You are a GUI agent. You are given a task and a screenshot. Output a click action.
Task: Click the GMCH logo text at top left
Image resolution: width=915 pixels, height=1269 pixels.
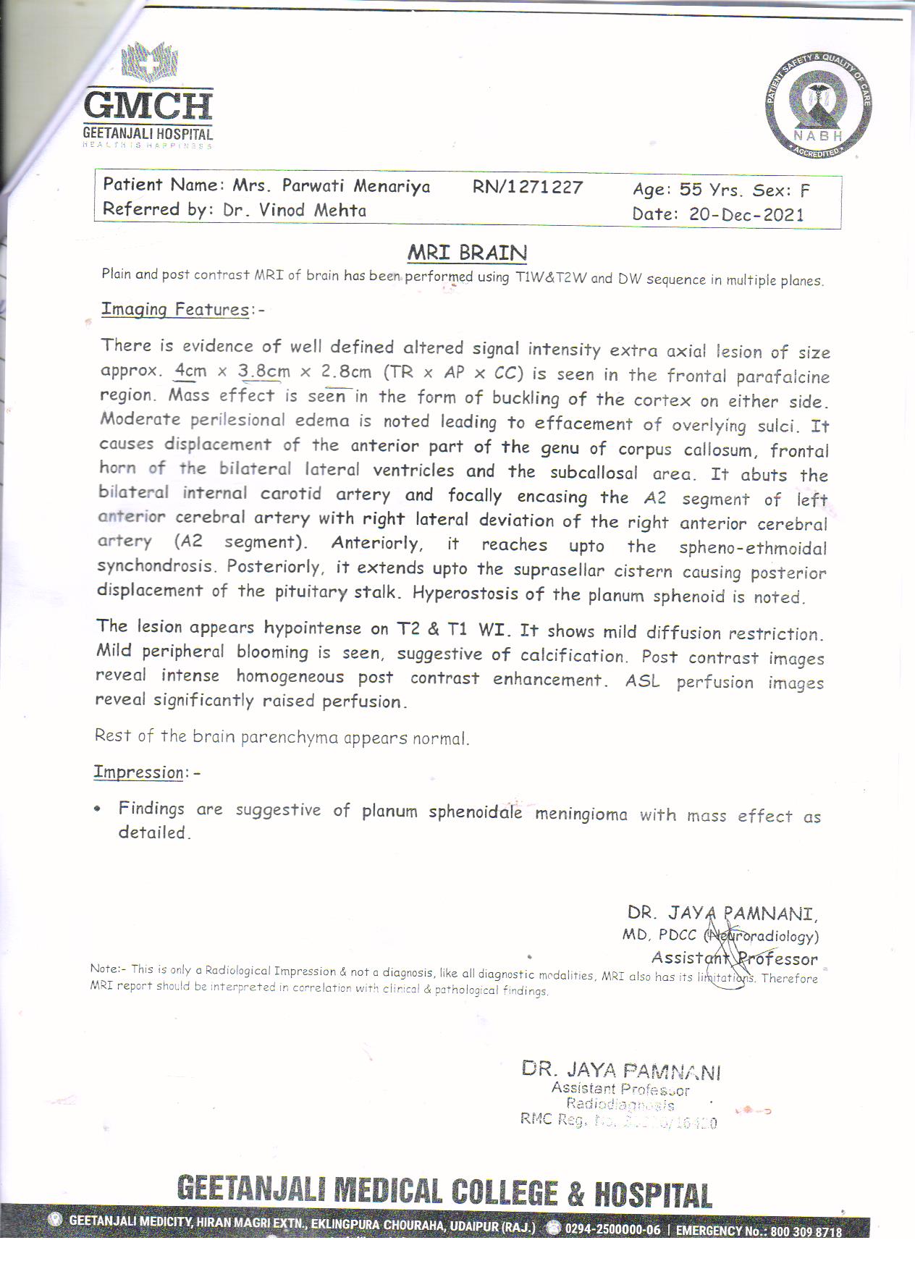(x=148, y=106)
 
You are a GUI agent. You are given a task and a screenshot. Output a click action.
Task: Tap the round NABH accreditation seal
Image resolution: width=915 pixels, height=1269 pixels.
(x=818, y=105)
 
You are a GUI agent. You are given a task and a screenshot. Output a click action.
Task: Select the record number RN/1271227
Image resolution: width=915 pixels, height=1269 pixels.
(x=528, y=187)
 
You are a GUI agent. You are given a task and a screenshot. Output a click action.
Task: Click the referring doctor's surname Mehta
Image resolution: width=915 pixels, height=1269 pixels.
(x=340, y=210)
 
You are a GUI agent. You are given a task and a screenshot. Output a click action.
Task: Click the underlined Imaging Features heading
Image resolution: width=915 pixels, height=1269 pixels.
(x=174, y=309)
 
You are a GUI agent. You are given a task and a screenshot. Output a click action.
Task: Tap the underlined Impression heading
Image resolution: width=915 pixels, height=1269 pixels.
(x=138, y=772)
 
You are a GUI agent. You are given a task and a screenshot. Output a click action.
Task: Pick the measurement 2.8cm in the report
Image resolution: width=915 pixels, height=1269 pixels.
(x=346, y=372)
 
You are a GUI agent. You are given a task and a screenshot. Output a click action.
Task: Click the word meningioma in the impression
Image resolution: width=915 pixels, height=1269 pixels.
(x=581, y=814)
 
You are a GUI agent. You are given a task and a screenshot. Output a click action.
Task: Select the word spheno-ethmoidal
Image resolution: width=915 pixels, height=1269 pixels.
(x=753, y=548)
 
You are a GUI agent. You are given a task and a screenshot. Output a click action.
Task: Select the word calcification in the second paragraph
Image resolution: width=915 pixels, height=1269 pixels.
(x=574, y=656)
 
